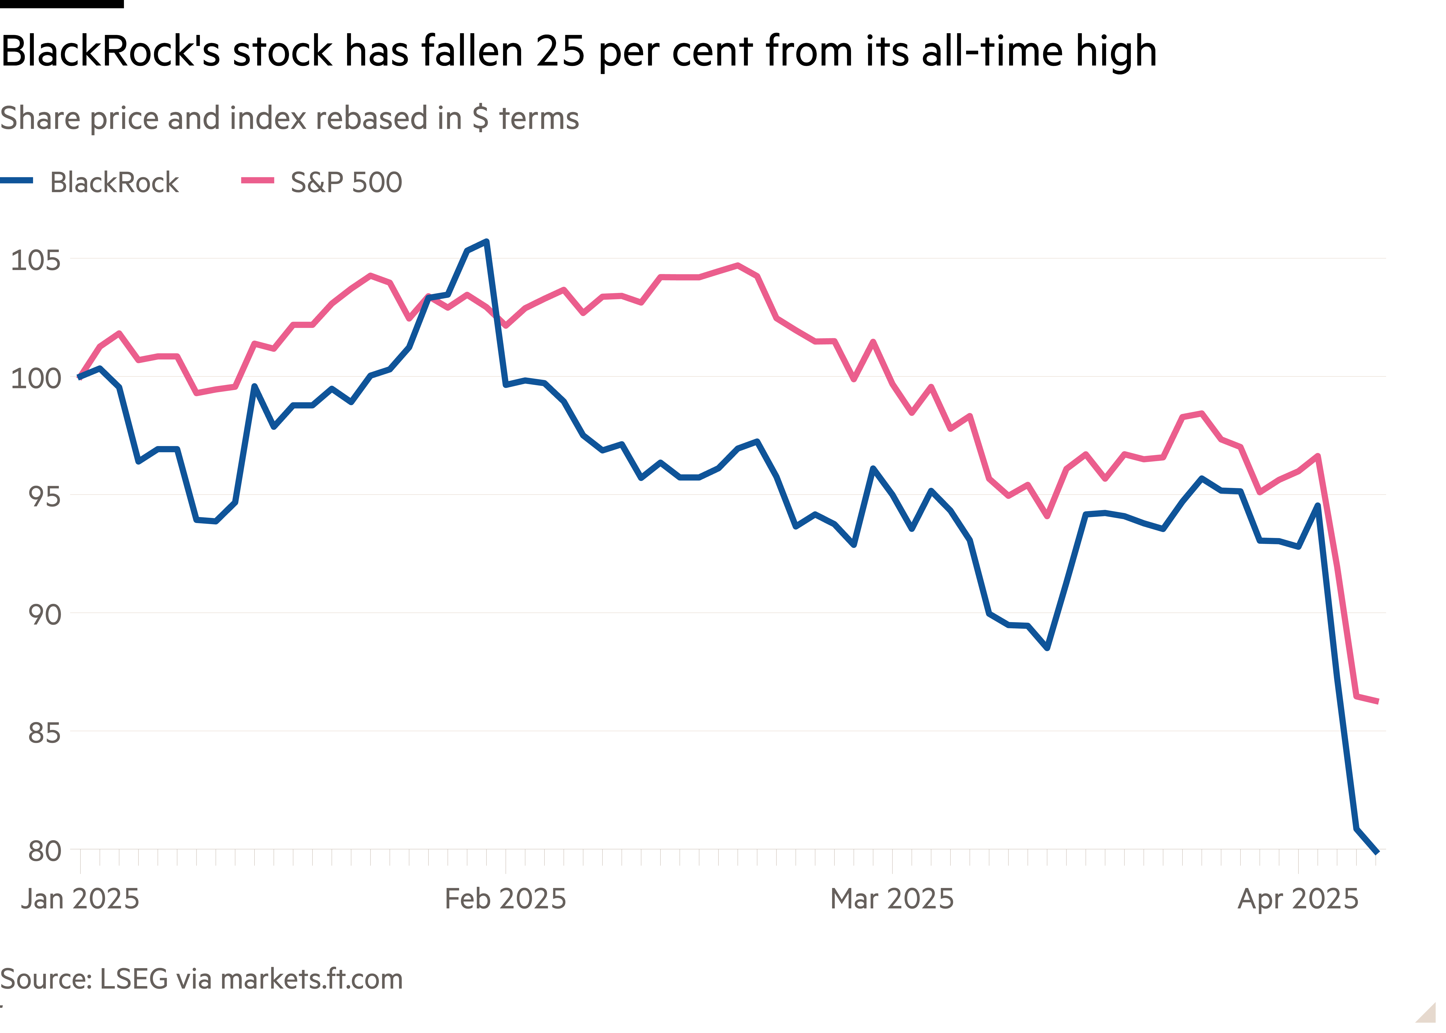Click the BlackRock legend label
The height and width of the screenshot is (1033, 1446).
click(x=114, y=183)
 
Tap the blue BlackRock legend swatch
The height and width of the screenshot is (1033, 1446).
click(x=17, y=181)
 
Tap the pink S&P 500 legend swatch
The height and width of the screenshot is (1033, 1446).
click(x=258, y=181)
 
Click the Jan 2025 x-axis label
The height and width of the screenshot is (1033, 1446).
click(x=80, y=899)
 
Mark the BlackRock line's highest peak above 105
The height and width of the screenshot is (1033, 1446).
click(x=486, y=242)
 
